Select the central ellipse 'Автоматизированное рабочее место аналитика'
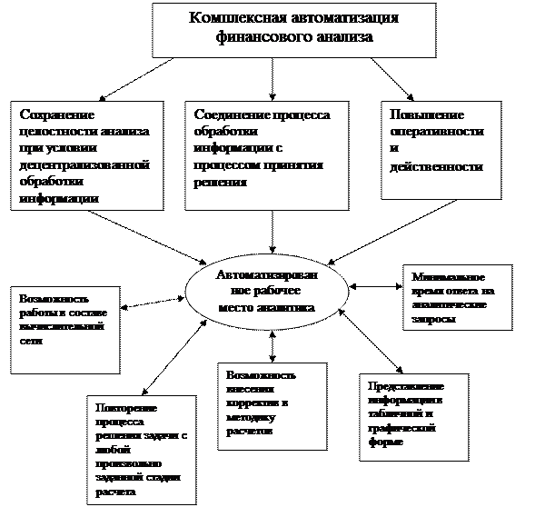tap(266, 292)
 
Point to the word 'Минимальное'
tap(448, 277)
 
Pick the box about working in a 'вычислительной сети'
tap(65, 329)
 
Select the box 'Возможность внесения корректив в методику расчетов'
tap(273, 404)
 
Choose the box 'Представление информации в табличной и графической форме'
tap(413, 417)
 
